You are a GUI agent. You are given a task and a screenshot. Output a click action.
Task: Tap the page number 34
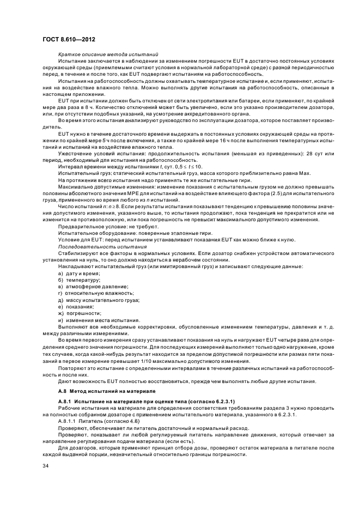46,465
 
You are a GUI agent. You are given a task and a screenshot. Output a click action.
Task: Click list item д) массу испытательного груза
99,300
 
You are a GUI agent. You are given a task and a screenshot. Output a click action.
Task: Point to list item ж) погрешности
81,313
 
